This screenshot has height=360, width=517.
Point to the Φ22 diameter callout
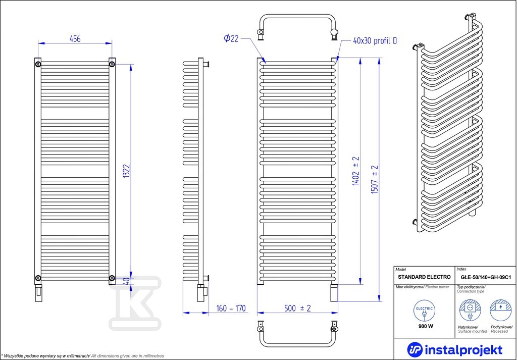click(231, 38)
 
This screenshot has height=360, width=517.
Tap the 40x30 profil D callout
click(375, 41)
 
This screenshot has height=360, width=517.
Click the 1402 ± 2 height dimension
click(356, 171)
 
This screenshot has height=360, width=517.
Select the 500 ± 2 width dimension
click(297, 308)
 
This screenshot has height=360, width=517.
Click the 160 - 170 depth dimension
click(231, 308)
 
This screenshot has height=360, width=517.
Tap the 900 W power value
click(425, 326)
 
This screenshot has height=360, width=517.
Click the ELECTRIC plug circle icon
click(425, 311)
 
